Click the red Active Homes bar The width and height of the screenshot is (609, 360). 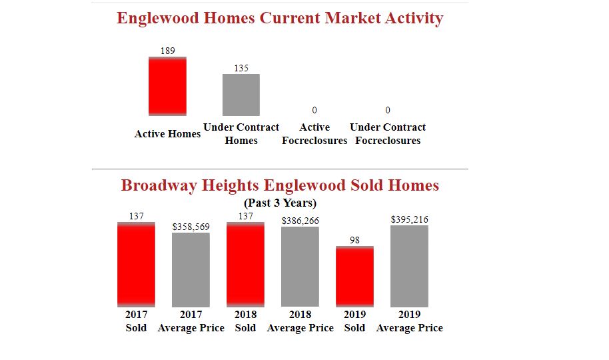(x=167, y=86)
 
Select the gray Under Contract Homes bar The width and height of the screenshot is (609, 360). (x=241, y=95)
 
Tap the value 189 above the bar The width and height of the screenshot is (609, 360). (x=168, y=51)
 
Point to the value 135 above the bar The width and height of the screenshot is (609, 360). (x=241, y=68)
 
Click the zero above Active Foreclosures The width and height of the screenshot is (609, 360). (x=314, y=109)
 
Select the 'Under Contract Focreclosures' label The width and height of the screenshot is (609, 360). (x=388, y=134)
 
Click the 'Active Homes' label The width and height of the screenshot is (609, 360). (x=167, y=134)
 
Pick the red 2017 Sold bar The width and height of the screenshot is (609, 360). (x=136, y=265)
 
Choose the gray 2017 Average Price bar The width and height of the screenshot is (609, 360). (x=191, y=269)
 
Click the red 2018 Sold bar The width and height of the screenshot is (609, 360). (x=245, y=265)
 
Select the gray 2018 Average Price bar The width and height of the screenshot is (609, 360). (x=300, y=266)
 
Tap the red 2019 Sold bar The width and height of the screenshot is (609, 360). (x=354, y=277)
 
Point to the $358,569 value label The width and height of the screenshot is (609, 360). (x=191, y=227)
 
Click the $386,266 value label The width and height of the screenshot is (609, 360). (x=301, y=221)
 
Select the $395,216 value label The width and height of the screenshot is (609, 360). (x=410, y=219)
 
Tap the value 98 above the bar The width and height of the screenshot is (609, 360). (x=354, y=241)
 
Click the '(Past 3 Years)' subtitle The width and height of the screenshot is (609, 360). (x=280, y=203)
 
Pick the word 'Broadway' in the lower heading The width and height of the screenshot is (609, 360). (x=156, y=185)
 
